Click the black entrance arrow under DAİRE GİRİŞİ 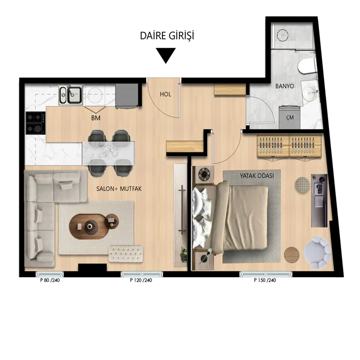166,55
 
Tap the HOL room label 166,94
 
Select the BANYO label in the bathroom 285,86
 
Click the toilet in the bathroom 306,66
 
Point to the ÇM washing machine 290,117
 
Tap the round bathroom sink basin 310,93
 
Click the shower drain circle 283,36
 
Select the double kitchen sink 70,94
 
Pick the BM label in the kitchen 96,118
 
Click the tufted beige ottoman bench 126,253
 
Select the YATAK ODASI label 257,176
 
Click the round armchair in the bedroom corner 317,252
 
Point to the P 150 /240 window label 265,280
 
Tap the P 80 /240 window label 50,280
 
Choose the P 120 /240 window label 141,280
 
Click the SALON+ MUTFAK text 119,189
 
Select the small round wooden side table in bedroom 292,255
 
